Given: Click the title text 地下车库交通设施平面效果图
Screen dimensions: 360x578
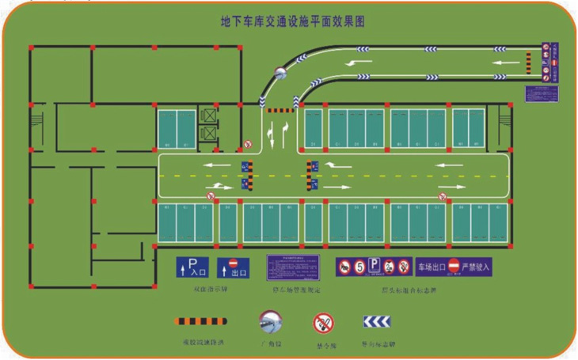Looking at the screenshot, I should click(x=292, y=21).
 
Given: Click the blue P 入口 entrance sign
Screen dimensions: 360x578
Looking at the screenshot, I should click(x=191, y=267).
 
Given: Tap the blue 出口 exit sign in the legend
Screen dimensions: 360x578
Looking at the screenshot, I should click(x=233, y=267).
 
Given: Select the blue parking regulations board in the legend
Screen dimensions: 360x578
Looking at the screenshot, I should click(x=292, y=267).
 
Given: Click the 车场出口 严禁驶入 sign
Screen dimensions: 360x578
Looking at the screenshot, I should click(x=455, y=267).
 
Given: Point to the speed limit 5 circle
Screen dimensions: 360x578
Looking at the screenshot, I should click(x=360, y=267).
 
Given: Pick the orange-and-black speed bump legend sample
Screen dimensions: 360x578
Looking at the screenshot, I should click(x=200, y=321).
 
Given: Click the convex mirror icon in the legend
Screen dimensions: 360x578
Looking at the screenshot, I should click(x=271, y=320).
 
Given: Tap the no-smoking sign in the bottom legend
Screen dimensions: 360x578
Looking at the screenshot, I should click(x=322, y=322).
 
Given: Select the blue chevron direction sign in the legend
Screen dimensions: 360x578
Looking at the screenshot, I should click(x=377, y=321).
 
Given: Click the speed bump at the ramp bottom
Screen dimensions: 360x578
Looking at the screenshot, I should click(x=279, y=110).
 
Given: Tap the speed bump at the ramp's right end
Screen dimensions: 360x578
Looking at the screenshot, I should click(x=528, y=59).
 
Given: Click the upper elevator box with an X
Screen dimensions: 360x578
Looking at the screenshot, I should click(x=208, y=116).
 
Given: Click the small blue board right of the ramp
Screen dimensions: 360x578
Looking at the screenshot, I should click(x=542, y=93).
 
